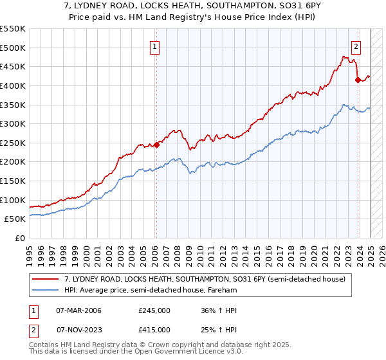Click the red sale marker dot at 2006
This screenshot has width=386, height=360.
pyautogui.click(x=156, y=145)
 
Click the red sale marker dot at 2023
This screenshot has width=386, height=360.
pyautogui.click(x=358, y=80)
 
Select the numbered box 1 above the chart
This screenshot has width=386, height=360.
pyautogui.click(x=156, y=46)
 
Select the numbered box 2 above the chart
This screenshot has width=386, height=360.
pyautogui.click(x=356, y=46)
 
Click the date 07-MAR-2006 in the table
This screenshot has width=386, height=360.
pyautogui.click(x=79, y=310)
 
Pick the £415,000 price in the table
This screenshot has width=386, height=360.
pyautogui.click(x=154, y=329)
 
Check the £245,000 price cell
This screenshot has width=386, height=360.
pyautogui.click(x=154, y=310)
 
